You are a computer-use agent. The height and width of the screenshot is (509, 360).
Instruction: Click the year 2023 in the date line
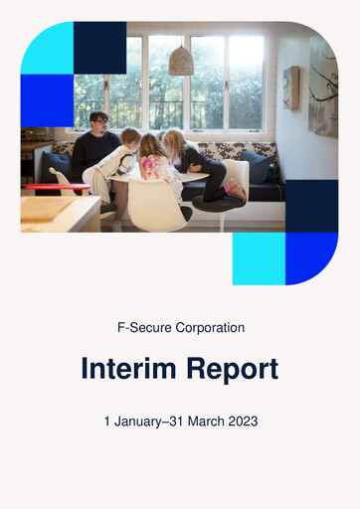(x=242, y=422)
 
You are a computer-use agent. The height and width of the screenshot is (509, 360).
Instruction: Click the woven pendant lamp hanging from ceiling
(x=181, y=62)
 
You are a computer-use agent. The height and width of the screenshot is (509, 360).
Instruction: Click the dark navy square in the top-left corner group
(x=99, y=48)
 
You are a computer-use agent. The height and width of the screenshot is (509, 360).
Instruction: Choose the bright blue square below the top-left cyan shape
(x=47, y=100)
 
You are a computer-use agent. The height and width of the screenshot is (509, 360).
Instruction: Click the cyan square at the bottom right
(x=259, y=258)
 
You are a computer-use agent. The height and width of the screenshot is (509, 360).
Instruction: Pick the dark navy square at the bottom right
(x=311, y=206)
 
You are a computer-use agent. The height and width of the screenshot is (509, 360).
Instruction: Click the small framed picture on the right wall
(x=291, y=87)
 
